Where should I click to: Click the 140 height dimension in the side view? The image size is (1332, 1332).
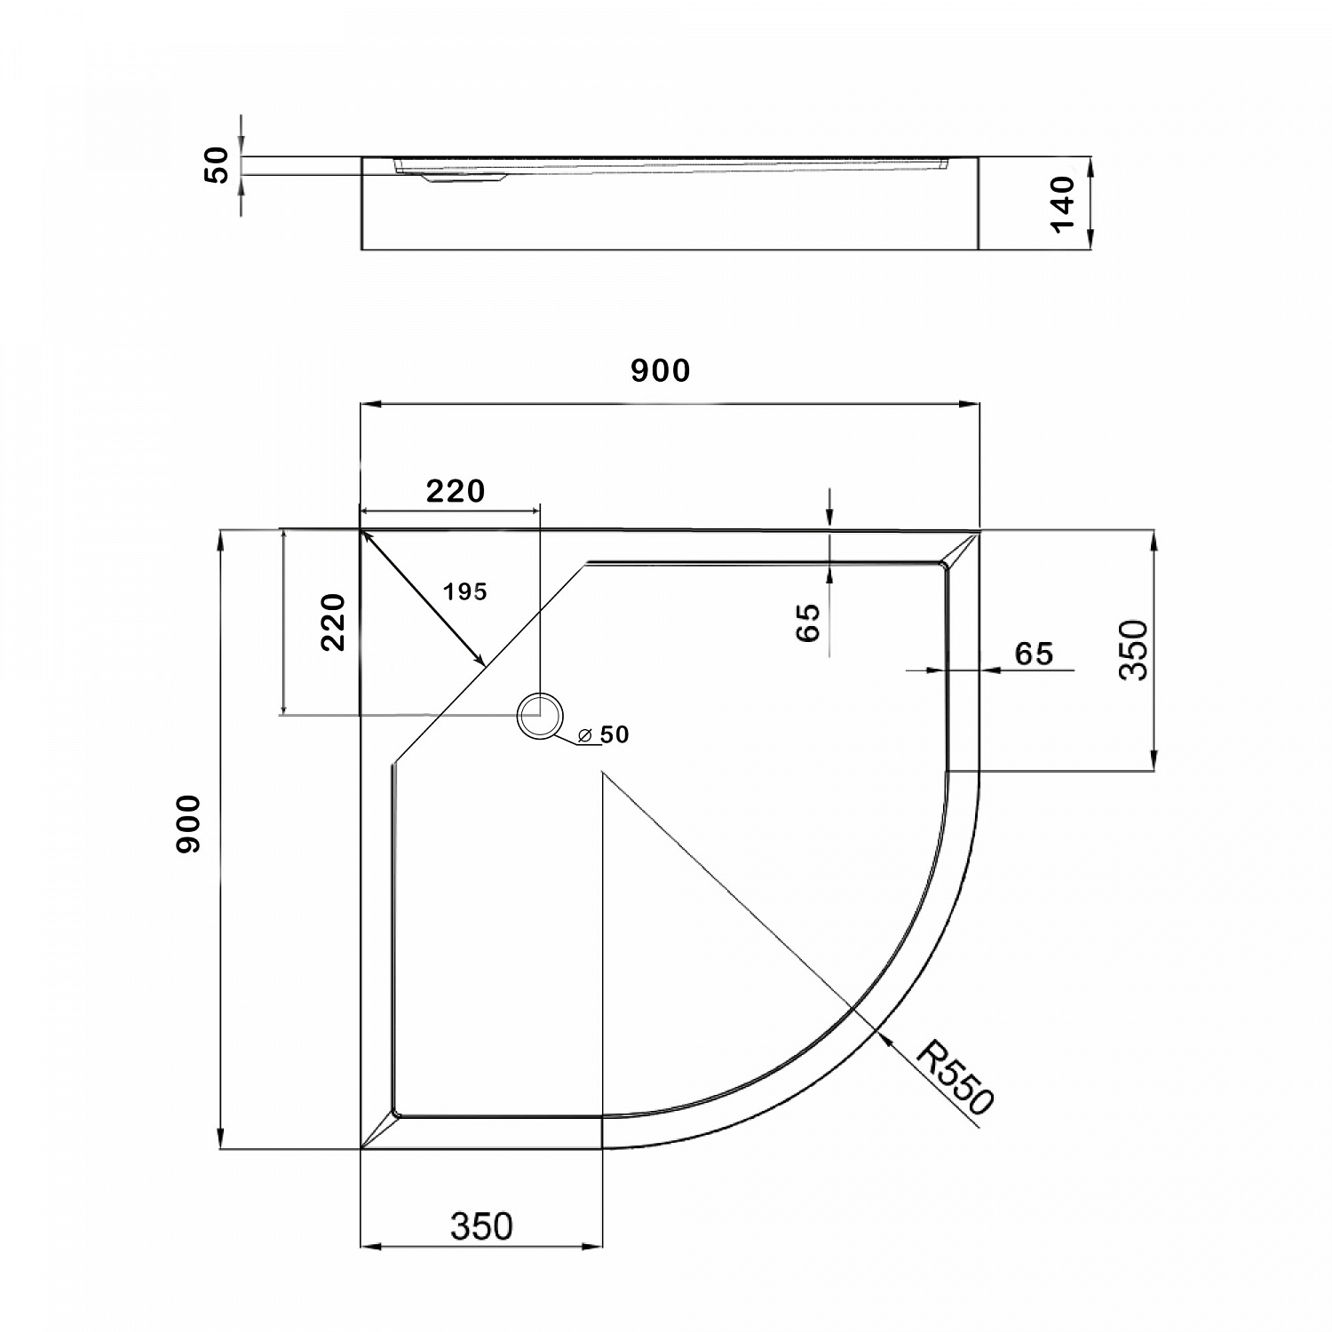(x=1063, y=203)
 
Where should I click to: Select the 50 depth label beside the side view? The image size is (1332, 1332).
(x=218, y=165)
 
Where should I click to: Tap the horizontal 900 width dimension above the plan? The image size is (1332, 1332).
(x=660, y=370)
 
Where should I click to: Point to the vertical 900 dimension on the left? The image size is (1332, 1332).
(x=188, y=825)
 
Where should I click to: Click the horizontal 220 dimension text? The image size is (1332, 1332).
(x=456, y=491)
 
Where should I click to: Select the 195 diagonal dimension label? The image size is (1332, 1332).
(x=466, y=591)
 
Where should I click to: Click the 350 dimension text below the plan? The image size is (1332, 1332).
(x=481, y=1226)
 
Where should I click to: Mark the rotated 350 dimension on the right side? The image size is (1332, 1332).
(x=1134, y=650)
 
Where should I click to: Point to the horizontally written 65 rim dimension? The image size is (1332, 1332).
(x=1034, y=654)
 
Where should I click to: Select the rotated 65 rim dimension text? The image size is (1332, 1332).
(x=808, y=622)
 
